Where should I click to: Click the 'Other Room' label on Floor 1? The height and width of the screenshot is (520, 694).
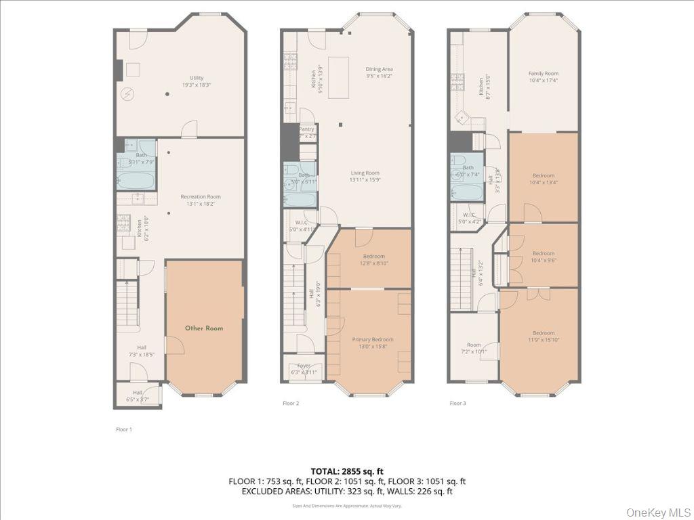204,328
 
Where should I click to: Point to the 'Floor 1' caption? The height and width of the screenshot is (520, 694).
124,429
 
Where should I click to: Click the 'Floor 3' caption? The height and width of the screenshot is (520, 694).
458,403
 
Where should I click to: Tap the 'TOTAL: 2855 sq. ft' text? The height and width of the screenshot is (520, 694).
346,471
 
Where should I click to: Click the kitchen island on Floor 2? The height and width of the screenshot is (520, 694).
339,78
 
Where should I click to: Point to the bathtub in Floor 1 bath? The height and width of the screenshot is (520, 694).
136,181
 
